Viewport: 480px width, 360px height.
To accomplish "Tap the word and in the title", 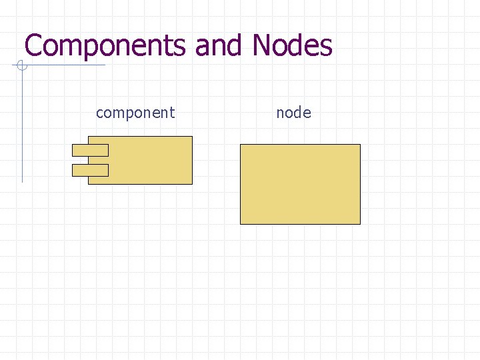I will [220, 46].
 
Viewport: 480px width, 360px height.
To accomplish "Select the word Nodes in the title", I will [292, 46].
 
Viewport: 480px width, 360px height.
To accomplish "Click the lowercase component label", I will [135, 113].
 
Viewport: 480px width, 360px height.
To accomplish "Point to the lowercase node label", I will [293, 113].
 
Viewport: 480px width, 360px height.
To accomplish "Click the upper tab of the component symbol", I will [90, 150].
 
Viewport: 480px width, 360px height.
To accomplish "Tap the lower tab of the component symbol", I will [90, 170].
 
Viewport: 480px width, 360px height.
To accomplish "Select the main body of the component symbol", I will [150, 160].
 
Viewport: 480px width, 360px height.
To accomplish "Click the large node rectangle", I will [300, 184].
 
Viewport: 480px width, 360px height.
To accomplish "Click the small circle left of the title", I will [21, 65].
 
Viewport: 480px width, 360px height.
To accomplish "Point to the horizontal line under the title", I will [67, 65].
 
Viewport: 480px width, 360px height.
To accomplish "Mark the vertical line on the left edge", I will [22, 133].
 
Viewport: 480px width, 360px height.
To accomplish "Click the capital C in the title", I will [33, 46].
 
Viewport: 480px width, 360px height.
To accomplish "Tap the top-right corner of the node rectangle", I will [360, 145].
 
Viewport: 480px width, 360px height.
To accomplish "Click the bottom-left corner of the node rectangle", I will [241, 223].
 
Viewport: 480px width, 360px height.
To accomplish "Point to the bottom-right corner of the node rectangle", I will [360, 223].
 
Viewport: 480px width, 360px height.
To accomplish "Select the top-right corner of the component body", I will [192, 137].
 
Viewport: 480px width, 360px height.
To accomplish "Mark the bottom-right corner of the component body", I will [192, 183].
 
